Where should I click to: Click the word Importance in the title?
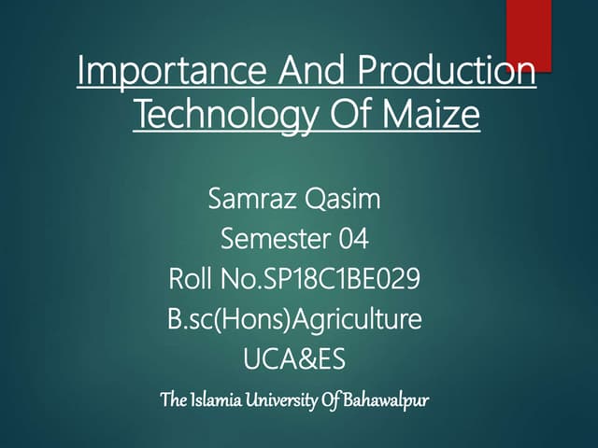pos(159,73)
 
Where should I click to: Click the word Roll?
pos(191,280)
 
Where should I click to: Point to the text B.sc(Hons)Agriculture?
pos(294,320)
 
